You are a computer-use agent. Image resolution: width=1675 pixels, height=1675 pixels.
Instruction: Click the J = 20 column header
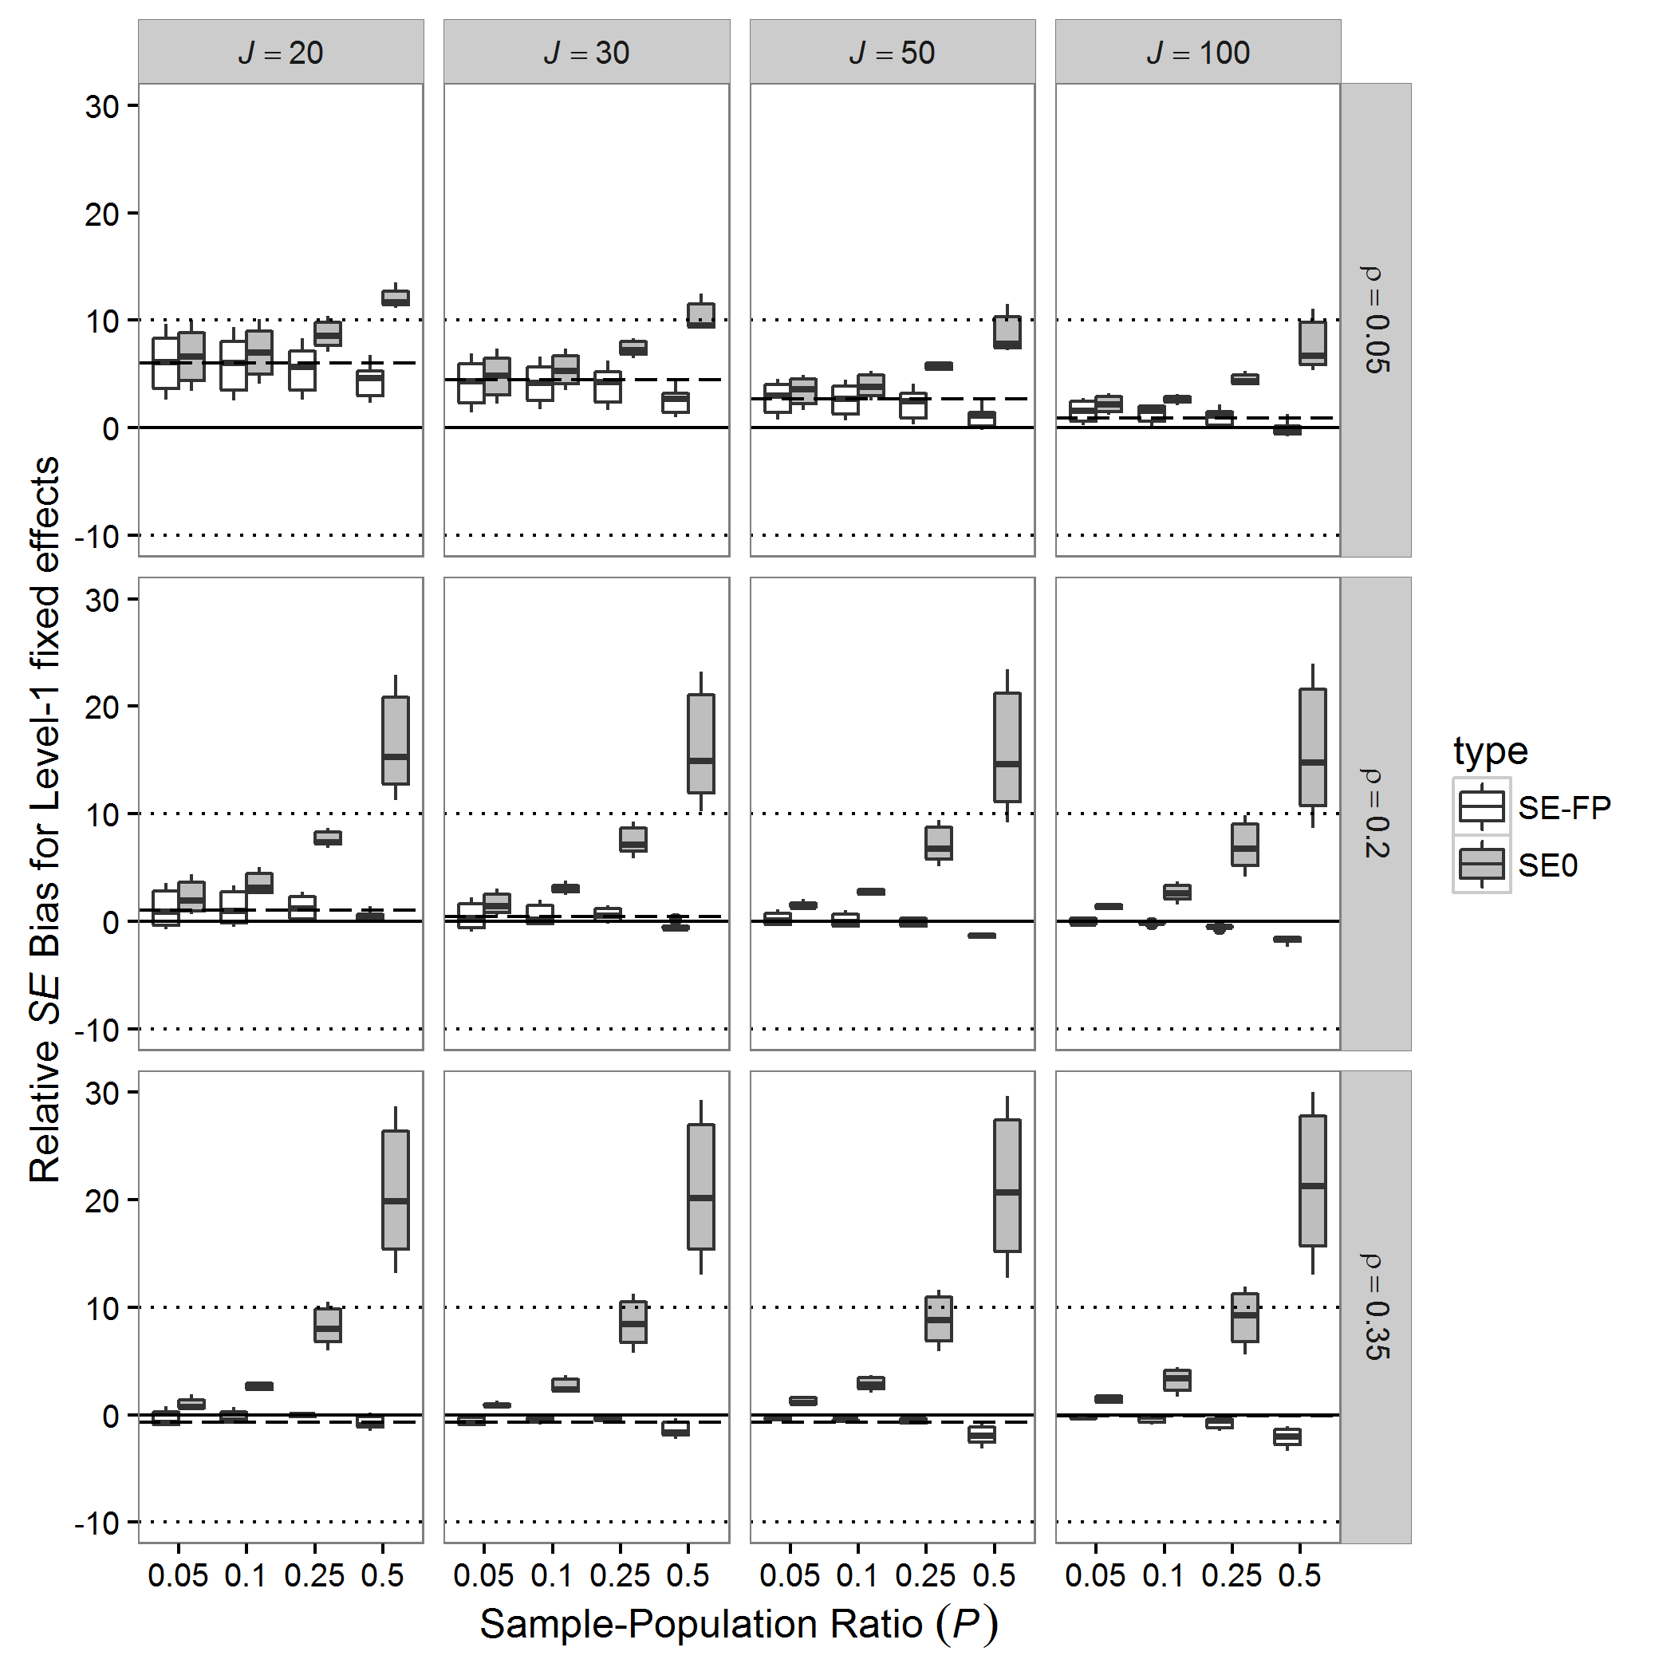coord(280,53)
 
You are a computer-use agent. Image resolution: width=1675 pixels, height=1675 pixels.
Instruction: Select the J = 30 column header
coord(586,53)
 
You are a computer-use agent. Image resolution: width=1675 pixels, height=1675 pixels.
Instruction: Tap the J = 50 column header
coord(892,53)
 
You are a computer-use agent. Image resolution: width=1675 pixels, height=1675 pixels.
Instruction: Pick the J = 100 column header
coord(1197,53)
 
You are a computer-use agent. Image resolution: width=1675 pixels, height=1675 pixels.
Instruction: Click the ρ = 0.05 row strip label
coord(1376,320)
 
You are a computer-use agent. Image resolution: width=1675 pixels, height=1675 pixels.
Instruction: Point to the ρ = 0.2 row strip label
coord(1376,814)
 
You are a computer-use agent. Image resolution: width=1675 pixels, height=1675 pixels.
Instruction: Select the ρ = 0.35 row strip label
coord(1376,1306)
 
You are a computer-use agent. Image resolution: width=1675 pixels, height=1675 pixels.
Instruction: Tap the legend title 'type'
coord(1490,751)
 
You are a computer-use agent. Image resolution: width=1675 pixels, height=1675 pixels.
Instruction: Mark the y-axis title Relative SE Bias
coord(45,819)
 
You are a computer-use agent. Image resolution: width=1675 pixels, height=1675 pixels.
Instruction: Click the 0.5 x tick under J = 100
coord(1299,1575)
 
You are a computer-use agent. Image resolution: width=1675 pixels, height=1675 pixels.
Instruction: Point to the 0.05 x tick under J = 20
coord(178,1575)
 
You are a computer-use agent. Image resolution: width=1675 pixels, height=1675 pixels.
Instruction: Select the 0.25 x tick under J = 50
coord(926,1575)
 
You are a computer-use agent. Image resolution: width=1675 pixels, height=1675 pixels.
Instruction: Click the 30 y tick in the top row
coord(102,107)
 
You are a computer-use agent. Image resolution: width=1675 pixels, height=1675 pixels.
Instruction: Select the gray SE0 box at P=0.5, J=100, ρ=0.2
coord(1313,747)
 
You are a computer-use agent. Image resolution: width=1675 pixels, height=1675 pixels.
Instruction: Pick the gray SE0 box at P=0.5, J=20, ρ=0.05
coord(396,298)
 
